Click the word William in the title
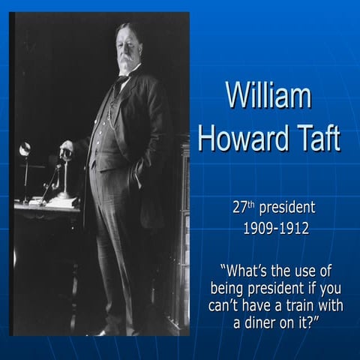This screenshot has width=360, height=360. coord(268,97)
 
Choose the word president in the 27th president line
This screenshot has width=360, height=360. coord(288,208)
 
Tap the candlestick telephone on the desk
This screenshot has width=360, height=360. coord(64,169)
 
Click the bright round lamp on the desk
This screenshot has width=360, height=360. coord(25,148)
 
